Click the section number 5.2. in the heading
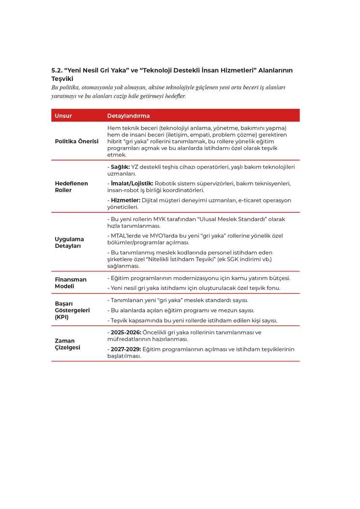[57, 71]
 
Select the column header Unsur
[63, 116]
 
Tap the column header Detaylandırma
[128, 116]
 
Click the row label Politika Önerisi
[76, 141]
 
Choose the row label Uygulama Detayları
[69, 242]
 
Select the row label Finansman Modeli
[71, 283]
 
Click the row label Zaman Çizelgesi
[67, 344]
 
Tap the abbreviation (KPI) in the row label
[62, 317]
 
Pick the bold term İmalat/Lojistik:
[132, 183]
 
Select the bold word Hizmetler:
[125, 200]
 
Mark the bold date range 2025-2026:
[126, 332]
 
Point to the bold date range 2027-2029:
[126, 349]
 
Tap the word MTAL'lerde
[127, 236]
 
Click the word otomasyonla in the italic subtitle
[101, 88]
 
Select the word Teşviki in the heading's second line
[62, 78]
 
